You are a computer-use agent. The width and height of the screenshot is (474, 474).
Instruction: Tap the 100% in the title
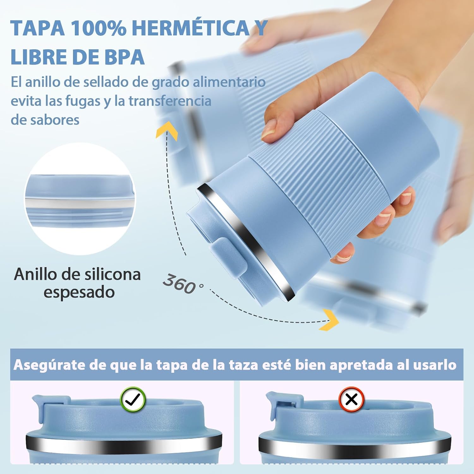[98, 28]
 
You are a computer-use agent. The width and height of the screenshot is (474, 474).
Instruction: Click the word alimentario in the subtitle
[229, 82]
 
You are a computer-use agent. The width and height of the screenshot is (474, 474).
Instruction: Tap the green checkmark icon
[133, 399]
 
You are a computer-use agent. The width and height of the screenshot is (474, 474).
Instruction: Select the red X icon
[351, 399]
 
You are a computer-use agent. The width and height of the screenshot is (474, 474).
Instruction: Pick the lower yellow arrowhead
[329, 320]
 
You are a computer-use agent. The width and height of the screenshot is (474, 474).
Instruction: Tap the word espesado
[79, 293]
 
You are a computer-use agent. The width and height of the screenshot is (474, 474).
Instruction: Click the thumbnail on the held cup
[269, 130]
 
